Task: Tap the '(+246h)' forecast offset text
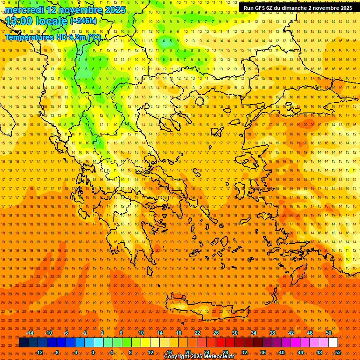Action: tap(83, 21)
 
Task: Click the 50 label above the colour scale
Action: tap(329, 333)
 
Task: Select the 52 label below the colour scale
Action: tap(338, 352)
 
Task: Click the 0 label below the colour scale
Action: tap(93, 352)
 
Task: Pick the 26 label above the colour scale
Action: tap(216, 333)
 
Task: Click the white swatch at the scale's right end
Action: tap(333, 343)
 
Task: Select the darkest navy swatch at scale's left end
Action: tap(24, 343)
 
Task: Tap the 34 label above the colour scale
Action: tap(254, 333)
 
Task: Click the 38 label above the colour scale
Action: tap(272, 333)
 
